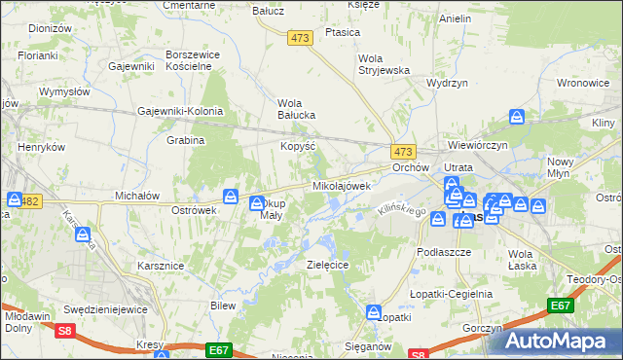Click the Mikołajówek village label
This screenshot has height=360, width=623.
pyautogui.click(x=342, y=185)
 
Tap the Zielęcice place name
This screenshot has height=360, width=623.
pyautogui.click(x=327, y=264)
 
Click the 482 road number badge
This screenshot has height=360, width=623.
pyautogui.click(x=29, y=201)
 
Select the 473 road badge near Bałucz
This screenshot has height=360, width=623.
pyautogui.click(x=299, y=37)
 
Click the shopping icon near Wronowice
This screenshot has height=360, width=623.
pyautogui.click(x=517, y=118)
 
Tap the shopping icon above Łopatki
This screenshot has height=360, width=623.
pyautogui.click(x=374, y=311)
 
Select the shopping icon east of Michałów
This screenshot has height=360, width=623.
pyautogui.click(x=231, y=196)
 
